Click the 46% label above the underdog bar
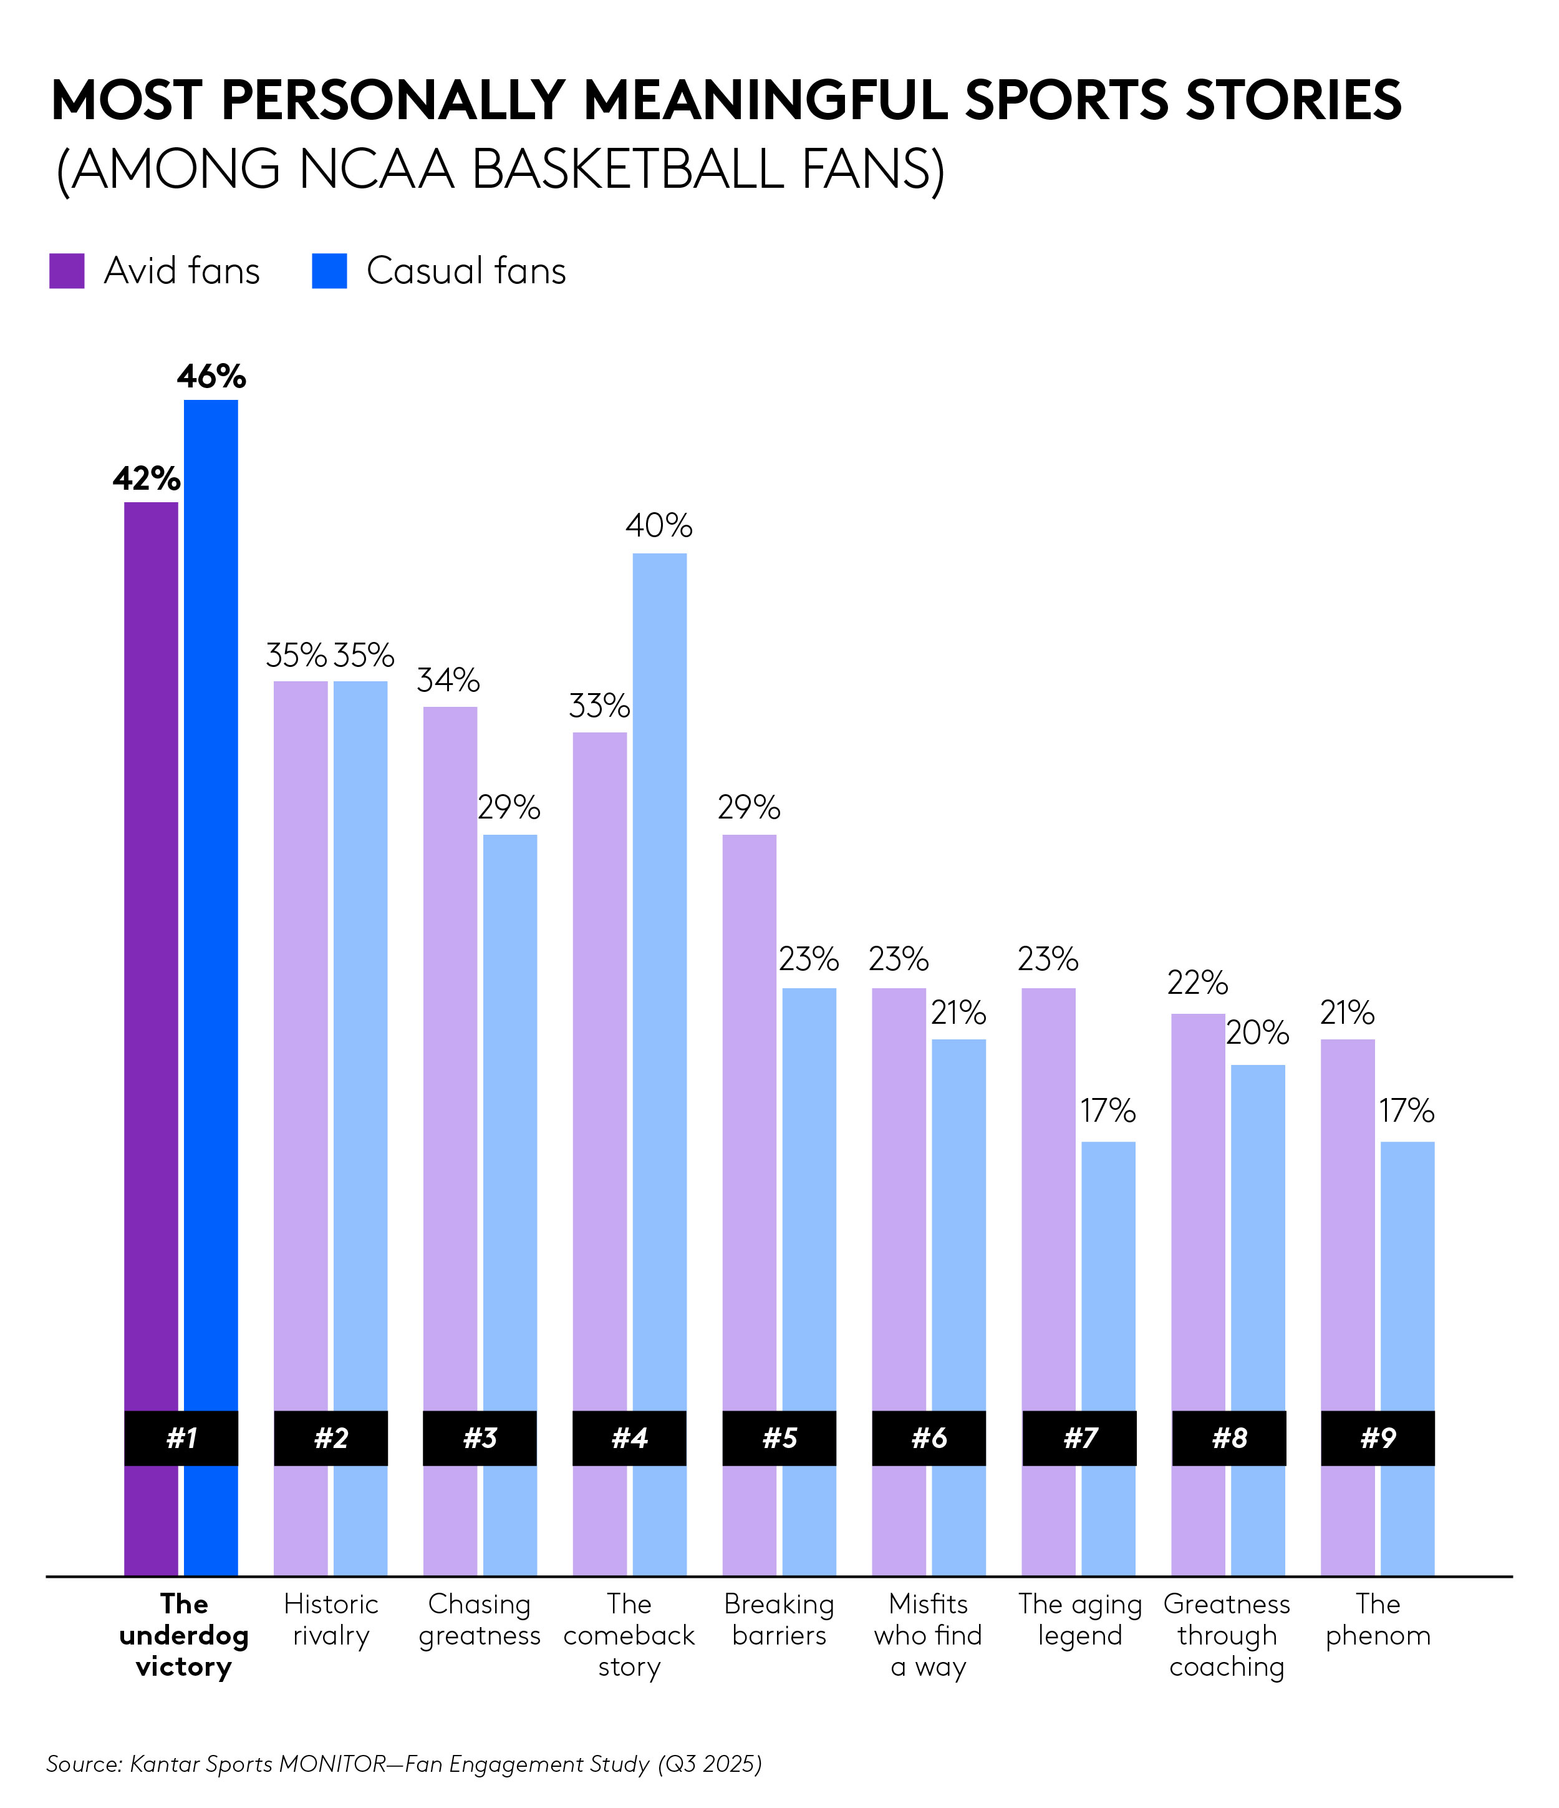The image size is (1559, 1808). pos(211,377)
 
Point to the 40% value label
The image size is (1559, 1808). pos(659,525)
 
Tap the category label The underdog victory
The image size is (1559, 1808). pos(183,1635)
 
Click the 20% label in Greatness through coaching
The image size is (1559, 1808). pos(1257,1033)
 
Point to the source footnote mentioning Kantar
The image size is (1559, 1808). pos(404,1764)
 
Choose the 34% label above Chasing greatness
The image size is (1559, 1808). pos(448,680)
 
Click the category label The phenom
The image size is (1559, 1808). pos(1378,1620)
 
